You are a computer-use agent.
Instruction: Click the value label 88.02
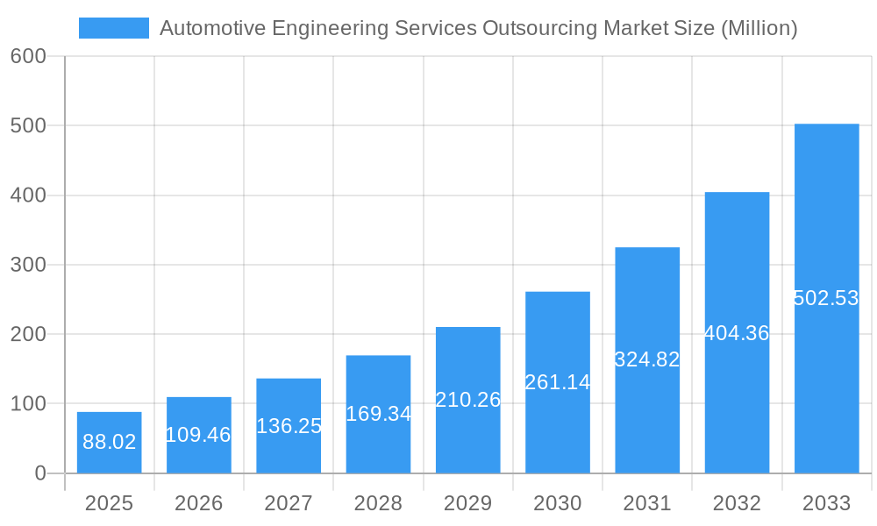pyautogui.click(x=109, y=442)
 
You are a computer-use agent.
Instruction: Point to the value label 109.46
pyautogui.click(x=198, y=435)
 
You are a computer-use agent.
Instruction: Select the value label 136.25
pyautogui.click(x=289, y=426)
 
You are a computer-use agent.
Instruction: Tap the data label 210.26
pyautogui.click(x=468, y=400)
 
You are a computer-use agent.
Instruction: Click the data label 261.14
pyautogui.click(x=558, y=382)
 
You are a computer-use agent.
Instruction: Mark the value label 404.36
pyautogui.click(x=737, y=333)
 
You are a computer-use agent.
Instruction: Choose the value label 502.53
pyautogui.click(x=826, y=298)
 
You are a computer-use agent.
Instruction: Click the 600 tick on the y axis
pyautogui.click(x=28, y=56)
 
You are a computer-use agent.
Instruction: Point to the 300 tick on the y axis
pyautogui.click(x=28, y=265)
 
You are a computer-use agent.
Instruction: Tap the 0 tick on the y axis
pyautogui.click(x=39, y=473)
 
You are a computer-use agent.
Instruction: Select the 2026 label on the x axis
pyautogui.click(x=198, y=503)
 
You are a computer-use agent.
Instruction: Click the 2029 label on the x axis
pyautogui.click(x=468, y=503)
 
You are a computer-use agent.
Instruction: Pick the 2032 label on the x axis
pyautogui.click(x=737, y=503)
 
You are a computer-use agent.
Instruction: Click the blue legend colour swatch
pyautogui.click(x=113, y=28)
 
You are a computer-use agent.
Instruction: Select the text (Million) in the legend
pyautogui.click(x=759, y=28)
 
